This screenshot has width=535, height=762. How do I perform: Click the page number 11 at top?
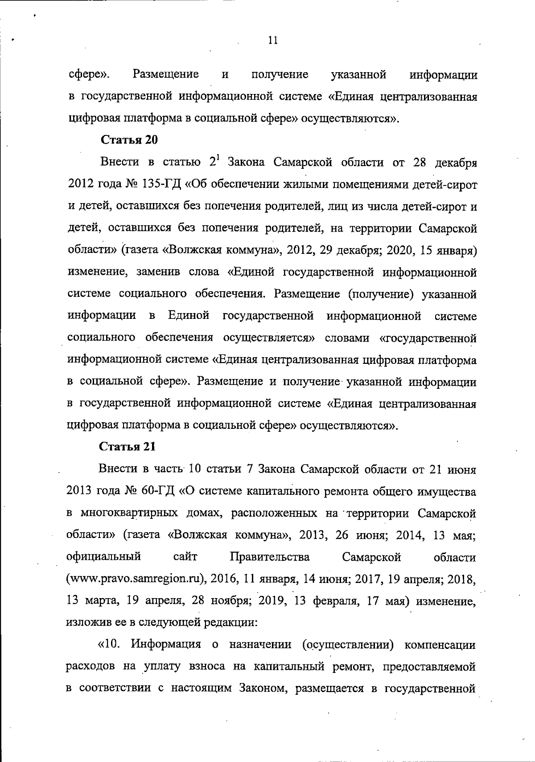click(273, 41)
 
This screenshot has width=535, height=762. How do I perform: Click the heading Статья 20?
click(129, 140)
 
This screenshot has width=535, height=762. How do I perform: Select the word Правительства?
click(270, 557)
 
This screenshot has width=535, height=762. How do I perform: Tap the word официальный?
click(104, 557)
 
